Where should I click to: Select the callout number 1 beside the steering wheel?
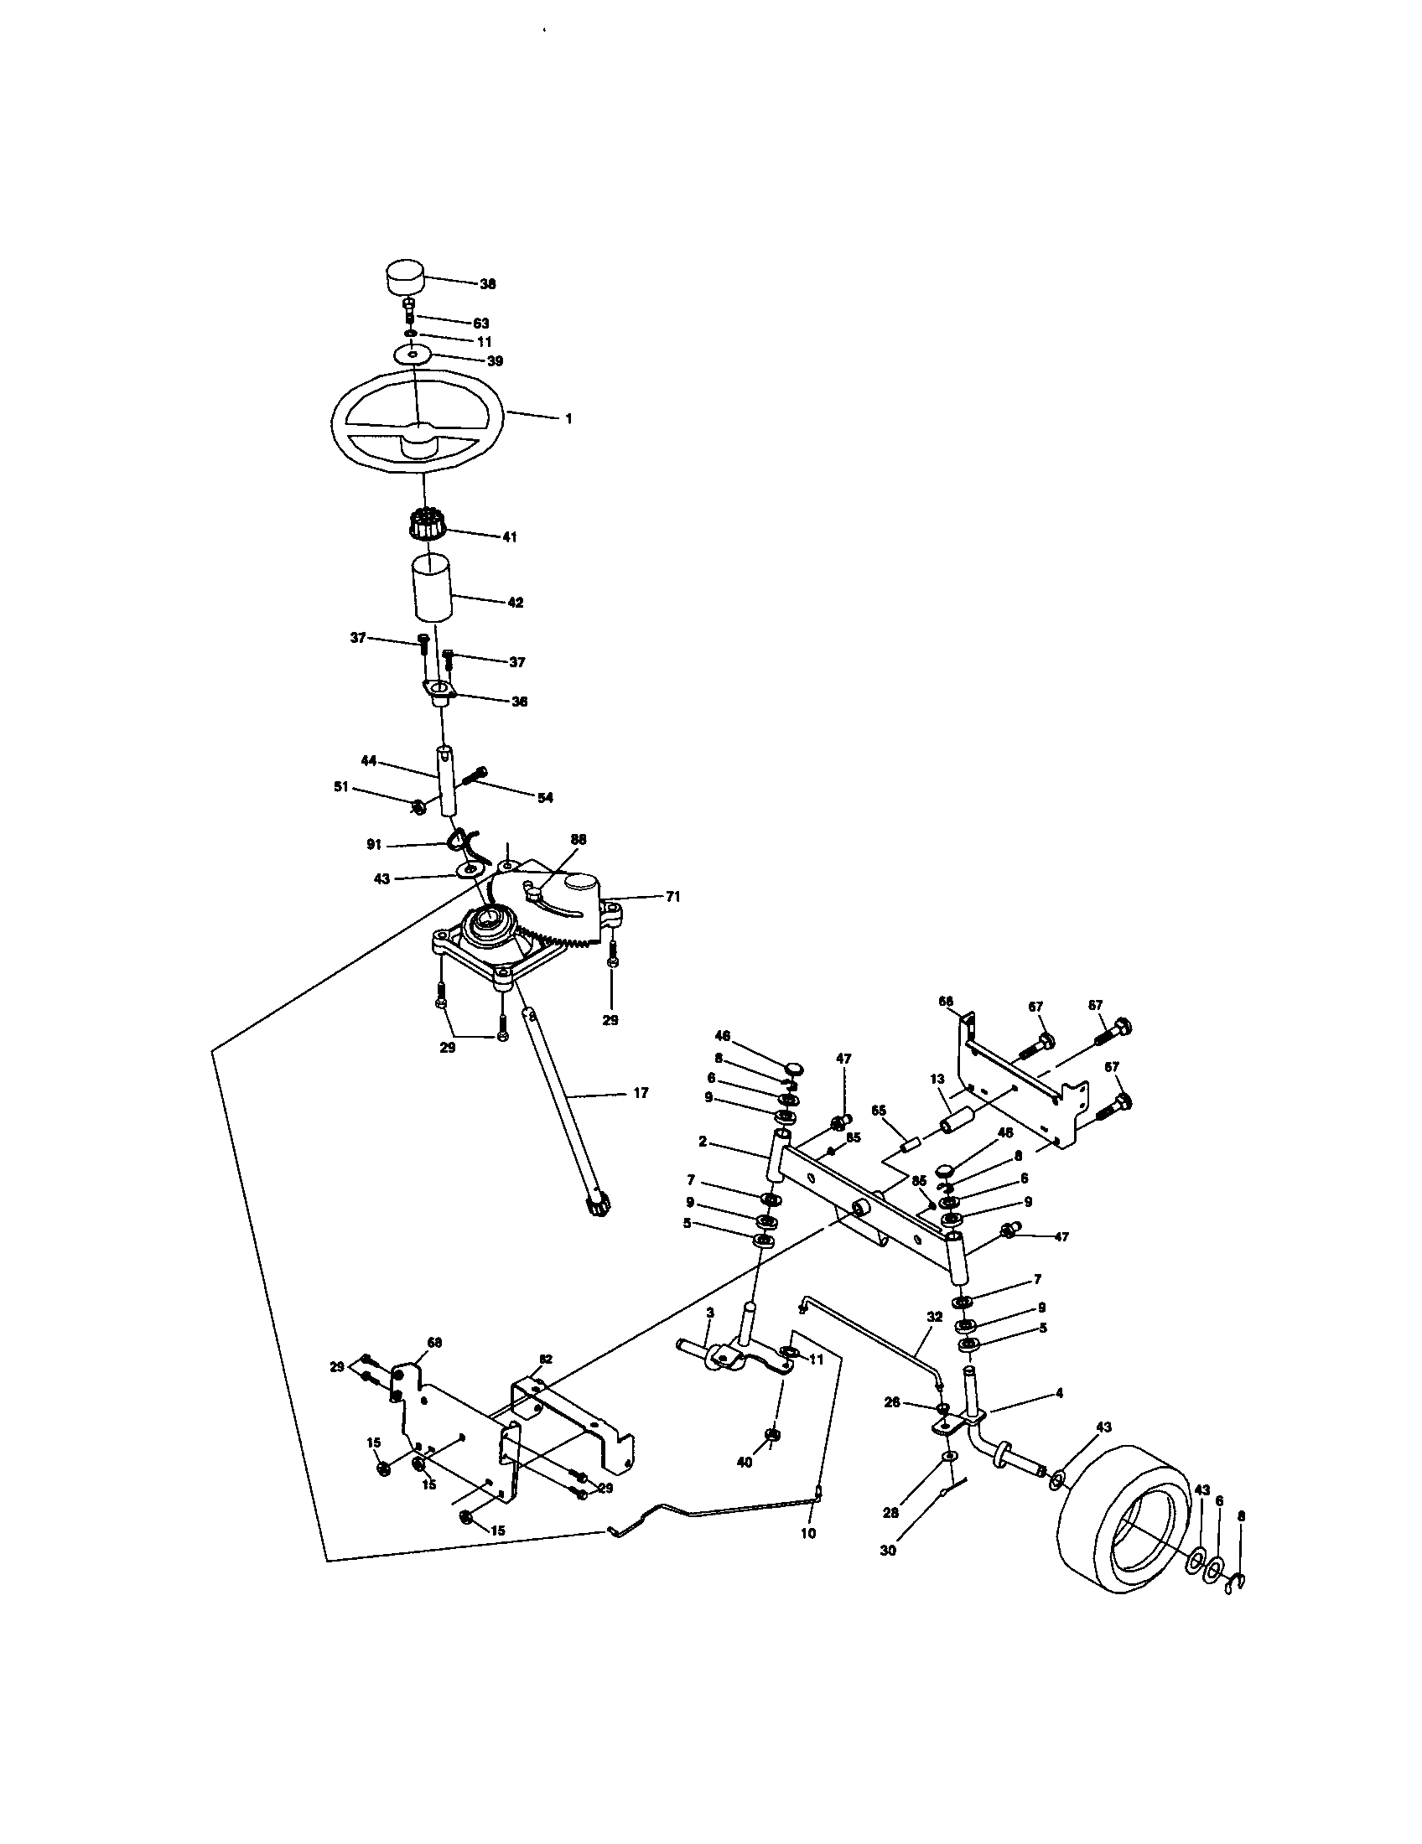(x=568, y=419)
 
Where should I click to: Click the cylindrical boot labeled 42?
(x=430, y=589)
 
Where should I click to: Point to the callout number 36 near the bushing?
(x=519, y=702)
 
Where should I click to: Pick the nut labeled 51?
(x=417, y=807)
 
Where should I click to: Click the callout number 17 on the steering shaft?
(x=640, y=1092)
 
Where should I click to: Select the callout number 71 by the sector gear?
(x=672, y=897)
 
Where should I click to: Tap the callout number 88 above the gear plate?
(x=578, y=839)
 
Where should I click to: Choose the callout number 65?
(x=878, y=1112)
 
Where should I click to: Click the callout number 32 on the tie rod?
(x=934, y=1316)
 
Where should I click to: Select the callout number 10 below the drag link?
(x=808, y=1533)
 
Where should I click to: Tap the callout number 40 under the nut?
(x=745, y=1463)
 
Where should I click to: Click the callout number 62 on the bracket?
(x=546, y=1360)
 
